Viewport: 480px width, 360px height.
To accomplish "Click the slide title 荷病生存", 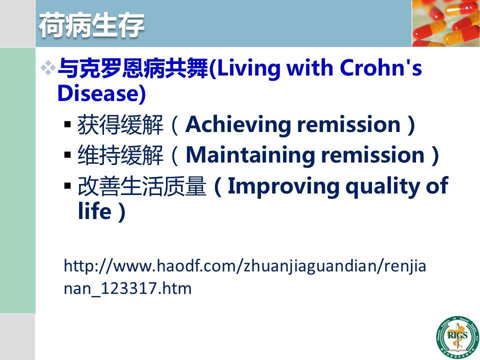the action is [91, 25].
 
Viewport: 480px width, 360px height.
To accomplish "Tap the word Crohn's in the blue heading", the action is [381, 67].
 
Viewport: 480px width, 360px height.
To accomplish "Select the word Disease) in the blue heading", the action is [101, 93].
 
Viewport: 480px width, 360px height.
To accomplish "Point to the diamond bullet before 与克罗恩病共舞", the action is [48, 68].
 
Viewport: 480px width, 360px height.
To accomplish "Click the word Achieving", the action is [238, 125].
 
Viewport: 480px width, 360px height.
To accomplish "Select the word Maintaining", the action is [250, 155].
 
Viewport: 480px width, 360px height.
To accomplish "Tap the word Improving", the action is [283, 186].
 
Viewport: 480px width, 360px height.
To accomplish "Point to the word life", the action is [94, 211].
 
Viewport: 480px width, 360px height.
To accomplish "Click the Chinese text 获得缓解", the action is [120, 125].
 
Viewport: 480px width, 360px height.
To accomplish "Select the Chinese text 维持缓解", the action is [120, 155].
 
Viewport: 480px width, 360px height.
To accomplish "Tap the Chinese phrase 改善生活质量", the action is [141, 186].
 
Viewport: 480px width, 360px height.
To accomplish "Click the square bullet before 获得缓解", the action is [67, 124].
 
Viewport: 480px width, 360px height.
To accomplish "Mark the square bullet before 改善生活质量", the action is [67, 185].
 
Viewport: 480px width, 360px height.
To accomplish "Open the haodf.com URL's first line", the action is [244, 265].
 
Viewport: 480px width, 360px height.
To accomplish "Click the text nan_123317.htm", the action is [127, 288].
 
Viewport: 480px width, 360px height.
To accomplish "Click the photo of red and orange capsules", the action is [445, 23].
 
